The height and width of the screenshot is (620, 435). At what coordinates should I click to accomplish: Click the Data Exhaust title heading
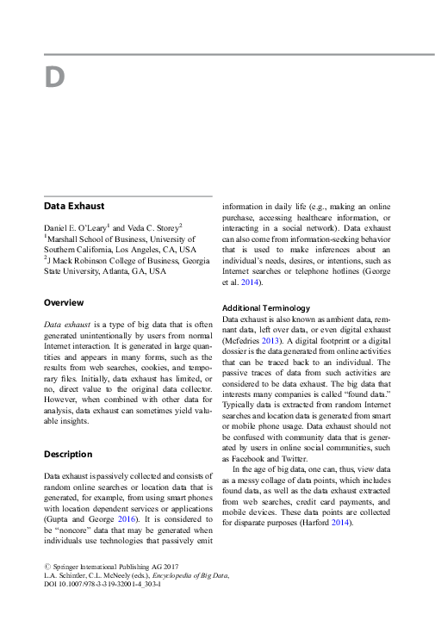(x=74, y=207)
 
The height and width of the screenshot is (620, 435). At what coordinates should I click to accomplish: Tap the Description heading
(x=68, y=454)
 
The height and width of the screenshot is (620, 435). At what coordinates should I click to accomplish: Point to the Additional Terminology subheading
(x=266, y=307)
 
